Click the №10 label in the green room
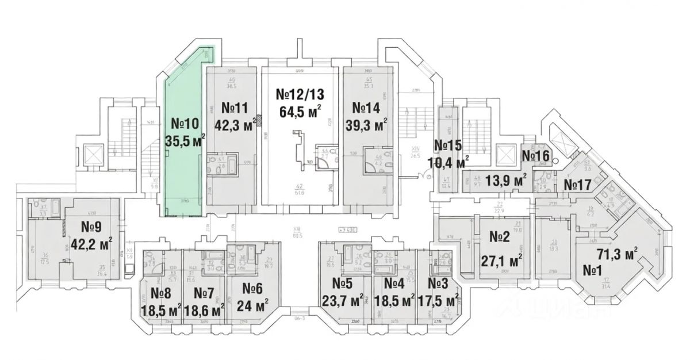tap(185, 123)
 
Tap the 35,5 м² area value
tap(185, 140)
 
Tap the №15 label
tap(448, 145)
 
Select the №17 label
tap(577, 185)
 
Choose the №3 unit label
tap(439, 283)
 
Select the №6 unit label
tap(252, 288)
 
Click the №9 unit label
tap(91, 226)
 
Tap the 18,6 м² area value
tap(205, 311)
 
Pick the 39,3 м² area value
tap(366, 125)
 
